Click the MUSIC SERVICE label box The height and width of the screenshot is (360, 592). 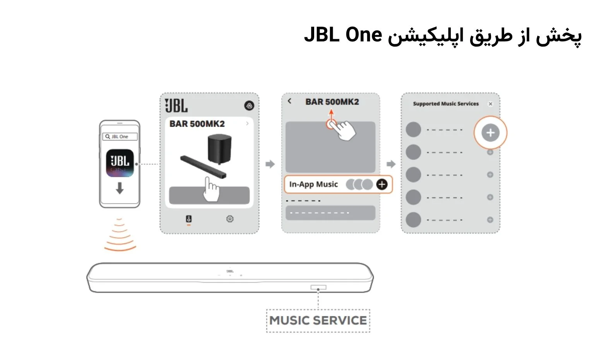coord(318,321)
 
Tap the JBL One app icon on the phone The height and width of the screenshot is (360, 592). coord(120,163)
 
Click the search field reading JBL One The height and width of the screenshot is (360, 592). coord(120,136)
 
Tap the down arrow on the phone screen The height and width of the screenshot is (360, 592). coord(120,188)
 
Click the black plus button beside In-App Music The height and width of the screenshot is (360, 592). coord(382,184)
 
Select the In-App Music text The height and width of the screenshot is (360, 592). coord(313,184)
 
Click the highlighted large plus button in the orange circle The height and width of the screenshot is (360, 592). coord(490,132)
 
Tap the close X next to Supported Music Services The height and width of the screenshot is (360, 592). coord(490,104)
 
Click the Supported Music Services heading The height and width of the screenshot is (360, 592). coord(446,104)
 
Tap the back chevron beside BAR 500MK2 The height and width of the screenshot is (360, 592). coord(289,101)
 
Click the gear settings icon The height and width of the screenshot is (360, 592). coord(230,219)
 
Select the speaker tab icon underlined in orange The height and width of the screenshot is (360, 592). coord(189,219)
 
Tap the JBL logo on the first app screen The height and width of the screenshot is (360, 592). coord(176,105)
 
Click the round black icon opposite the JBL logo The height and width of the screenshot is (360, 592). coord(249,106)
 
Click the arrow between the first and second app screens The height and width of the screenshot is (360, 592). coord(270,164)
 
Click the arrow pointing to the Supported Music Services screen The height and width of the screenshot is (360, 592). coord(391,164)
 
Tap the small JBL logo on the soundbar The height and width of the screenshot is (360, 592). coord(230,271)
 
